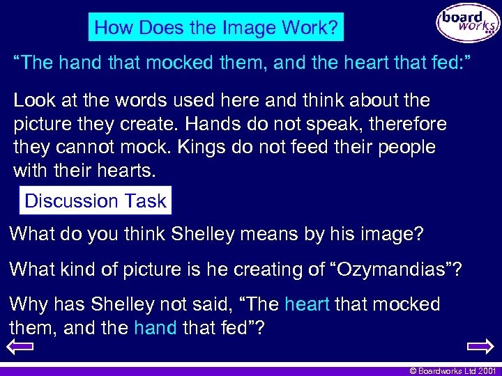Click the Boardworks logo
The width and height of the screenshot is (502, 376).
click(468, 24)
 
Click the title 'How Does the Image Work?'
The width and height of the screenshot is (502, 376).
click(216, 28)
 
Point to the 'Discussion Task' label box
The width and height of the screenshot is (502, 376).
click(95, 201)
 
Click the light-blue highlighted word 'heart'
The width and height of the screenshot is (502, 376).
click(307, 304)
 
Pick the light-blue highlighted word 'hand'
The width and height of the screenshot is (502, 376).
click(155, 327)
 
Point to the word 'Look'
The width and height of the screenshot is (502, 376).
click(33, 101)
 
